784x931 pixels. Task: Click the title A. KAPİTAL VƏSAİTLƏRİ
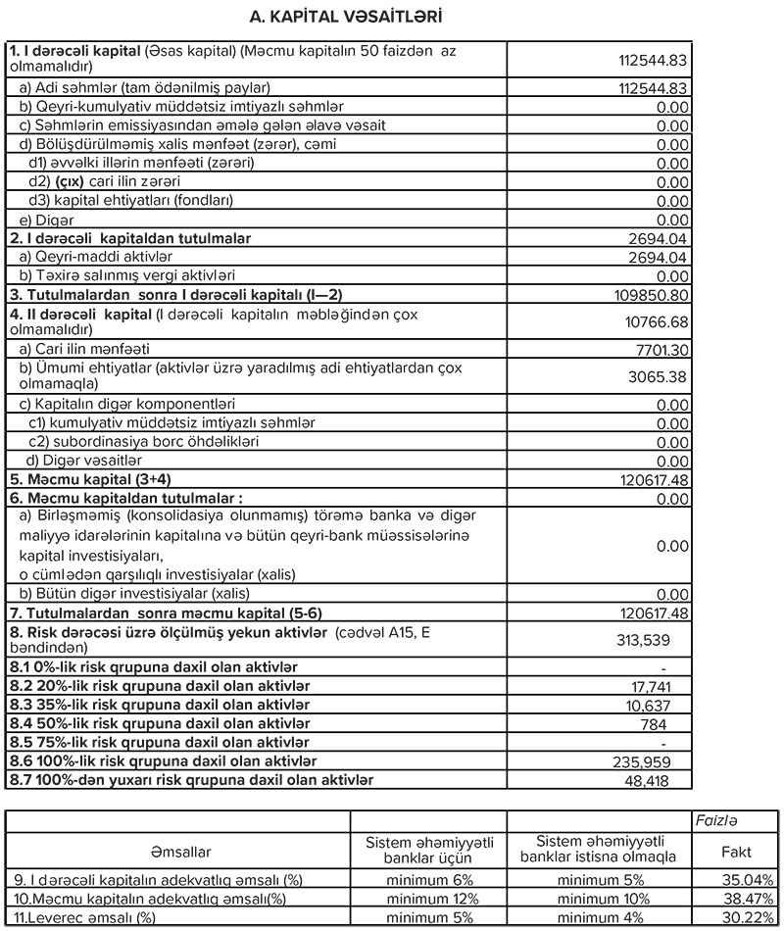[392, 17]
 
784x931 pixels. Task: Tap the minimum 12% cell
[428, 898]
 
